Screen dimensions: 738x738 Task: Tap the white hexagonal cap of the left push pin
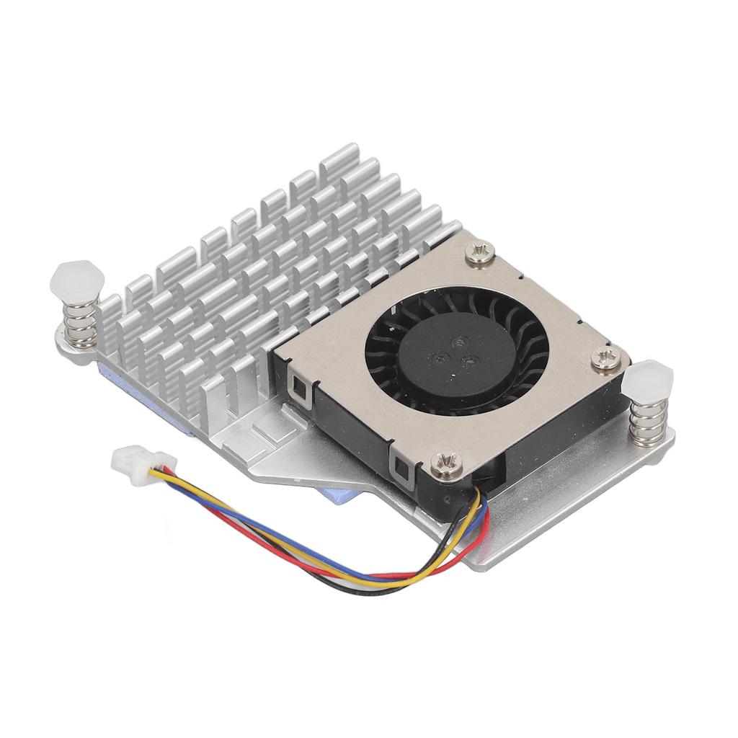72,280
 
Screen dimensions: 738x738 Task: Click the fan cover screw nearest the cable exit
445,461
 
